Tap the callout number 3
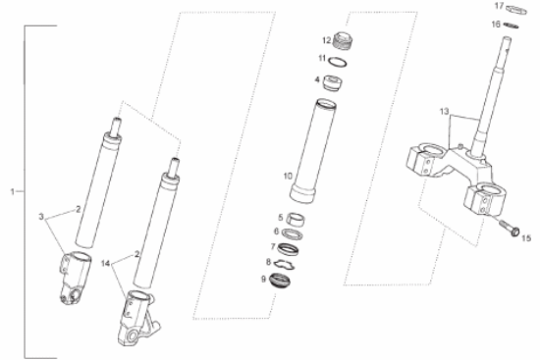[40, 215]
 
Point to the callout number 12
[326, 40]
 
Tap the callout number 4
[317, 78]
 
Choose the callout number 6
[277, 231]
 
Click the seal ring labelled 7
[292, 247]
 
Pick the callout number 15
[525, 236]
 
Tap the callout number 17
[498, 7]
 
